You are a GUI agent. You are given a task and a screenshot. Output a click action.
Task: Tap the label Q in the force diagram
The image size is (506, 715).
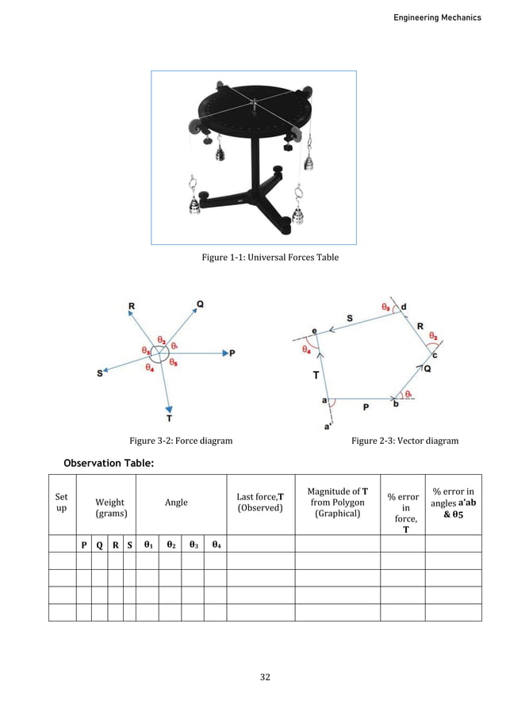point(199,304)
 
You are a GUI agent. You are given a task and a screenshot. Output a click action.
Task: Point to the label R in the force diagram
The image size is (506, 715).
point(131,306)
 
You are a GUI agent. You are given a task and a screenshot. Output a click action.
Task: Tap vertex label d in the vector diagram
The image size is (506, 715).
point(404,306)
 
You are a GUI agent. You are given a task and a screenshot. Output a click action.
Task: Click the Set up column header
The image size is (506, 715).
point(62,503)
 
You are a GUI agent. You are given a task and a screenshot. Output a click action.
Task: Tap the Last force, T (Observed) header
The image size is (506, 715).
point(260,502)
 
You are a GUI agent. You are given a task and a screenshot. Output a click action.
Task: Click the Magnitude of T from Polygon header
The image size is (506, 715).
point(336,502)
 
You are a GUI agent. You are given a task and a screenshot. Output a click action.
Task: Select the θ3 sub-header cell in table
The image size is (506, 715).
point(193,545)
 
